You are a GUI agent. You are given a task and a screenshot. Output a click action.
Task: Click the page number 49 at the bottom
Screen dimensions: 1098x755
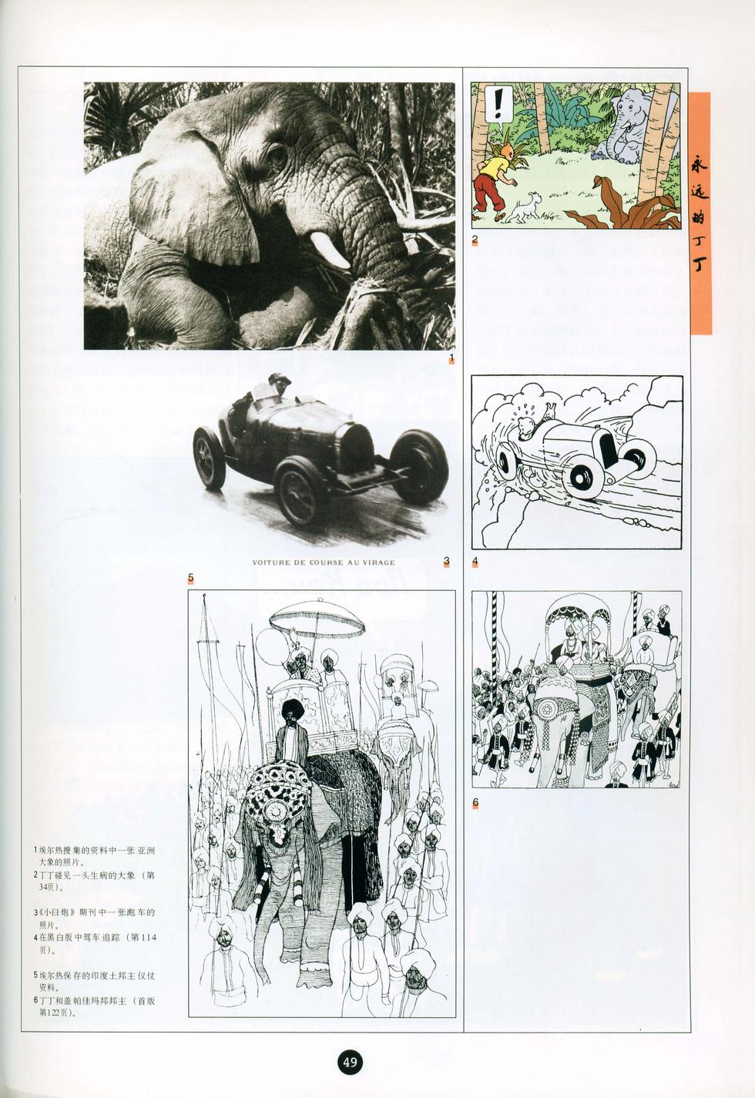351,1063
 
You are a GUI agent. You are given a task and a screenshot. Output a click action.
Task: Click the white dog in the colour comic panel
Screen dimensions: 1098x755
523,207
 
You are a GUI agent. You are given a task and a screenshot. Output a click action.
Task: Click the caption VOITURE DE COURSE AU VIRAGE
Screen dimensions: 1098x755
324,562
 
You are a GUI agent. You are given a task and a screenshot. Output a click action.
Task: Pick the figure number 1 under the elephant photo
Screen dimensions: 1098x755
451,358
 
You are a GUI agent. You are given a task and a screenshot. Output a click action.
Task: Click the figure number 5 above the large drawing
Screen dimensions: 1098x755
190,577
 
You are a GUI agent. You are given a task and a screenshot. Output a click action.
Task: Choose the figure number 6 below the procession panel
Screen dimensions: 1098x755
475,802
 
